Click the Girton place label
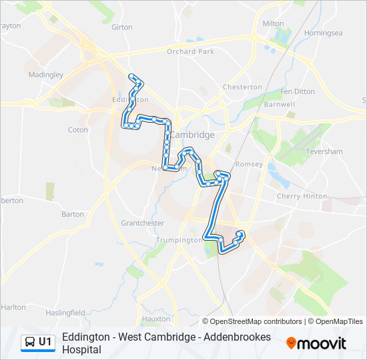click(122, 27)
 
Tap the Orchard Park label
click(190, 51)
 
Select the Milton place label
click(273, 23)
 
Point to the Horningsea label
click(323, 33)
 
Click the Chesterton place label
click(242, 87)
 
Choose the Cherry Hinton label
click(302, 197)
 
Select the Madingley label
click(45, 75)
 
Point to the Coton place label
click(78, 130)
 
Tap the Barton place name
click(73, 215)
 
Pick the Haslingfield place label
click(65, 313)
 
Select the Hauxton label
click(157, 319)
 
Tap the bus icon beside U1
click(30, 342)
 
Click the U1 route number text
click(45, 342)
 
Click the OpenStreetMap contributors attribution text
click(247, 321)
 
